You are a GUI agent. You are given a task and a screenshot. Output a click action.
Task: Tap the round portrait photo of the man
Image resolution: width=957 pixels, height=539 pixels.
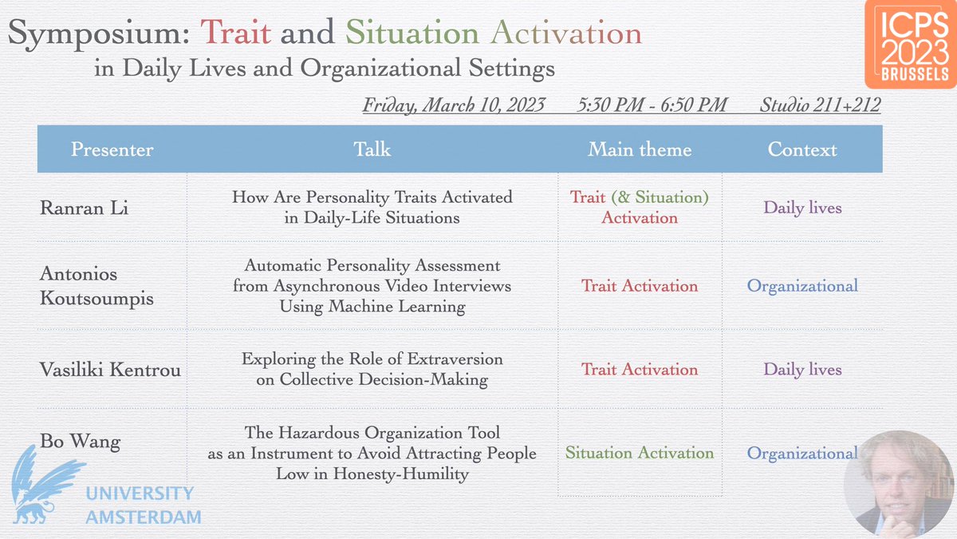coord(900,482)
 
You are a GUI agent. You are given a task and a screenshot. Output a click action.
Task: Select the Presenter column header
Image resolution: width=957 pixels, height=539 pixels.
coord(112,149)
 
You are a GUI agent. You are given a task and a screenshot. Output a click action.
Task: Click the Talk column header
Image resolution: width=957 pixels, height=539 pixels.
coord(372,149)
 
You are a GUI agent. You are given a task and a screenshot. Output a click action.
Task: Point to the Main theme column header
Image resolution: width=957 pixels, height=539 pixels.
coord(640,149)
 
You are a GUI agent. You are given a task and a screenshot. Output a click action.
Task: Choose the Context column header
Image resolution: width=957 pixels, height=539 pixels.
coord(802,149)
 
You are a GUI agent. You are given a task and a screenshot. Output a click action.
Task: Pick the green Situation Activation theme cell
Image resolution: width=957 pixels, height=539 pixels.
coord(640,453)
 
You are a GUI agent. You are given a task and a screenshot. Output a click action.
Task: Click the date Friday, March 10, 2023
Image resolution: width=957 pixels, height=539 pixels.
coord(454,105)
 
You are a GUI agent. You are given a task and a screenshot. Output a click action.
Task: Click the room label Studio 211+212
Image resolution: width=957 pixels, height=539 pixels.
coord(820,105)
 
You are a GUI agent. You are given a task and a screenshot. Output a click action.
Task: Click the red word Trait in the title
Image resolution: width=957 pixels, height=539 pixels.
coord(235,34)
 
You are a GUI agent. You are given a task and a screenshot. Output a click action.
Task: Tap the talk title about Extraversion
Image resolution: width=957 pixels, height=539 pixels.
coord(372,369)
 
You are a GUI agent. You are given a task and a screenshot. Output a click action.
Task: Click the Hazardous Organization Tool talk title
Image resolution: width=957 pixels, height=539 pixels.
coord(372,453)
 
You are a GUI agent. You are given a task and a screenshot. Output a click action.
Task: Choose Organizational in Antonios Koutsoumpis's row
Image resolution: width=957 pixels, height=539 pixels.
coord(802,286)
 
